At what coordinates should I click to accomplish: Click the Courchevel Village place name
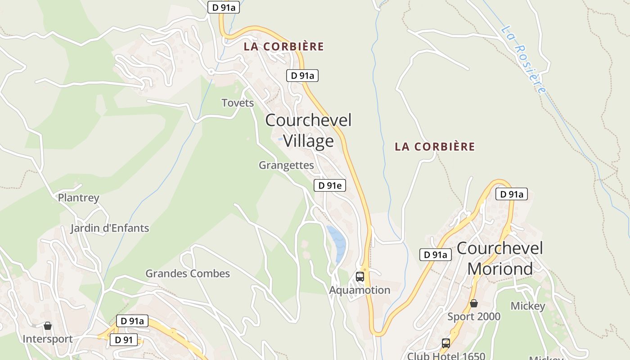pyautogui.click(x=308, y=130)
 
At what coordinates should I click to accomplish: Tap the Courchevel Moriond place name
pyautogui.click(x=500, y=258)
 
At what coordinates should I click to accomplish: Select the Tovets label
pyautogui.click(x=238, y=103)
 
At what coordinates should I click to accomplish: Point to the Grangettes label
pyautogui.click(x=286, y=165)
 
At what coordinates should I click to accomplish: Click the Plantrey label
pyautogui.click(x=78, y=198)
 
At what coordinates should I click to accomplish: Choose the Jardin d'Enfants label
pyautogui.click(x=109, y=228)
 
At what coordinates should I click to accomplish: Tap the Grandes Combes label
pyautogui.click(x=188, y=274)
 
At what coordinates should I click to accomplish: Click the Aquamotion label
pyautogui.click(x=360, y=290)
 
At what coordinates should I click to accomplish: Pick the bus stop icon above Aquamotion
pyautogui.click(x=360, y=276)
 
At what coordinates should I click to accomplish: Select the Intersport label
pyautogui.click(x=48, y=339)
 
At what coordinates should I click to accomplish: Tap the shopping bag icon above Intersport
pyautogui.click(x=48, y=325)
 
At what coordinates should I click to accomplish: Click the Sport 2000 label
pyautogui.click(x=473, y=317)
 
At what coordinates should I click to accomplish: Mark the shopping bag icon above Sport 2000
pyautogui.click(x=473, y=303)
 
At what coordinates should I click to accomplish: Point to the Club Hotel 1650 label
pyautogui.click(x=446, y=356)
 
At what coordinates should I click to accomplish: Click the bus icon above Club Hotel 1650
pyautogui.click(x=446, y=343)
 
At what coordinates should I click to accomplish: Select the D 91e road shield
pyautogui.click(x=329, y=185)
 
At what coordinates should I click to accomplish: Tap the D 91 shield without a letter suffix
pyautogui.click(x=123, y=340)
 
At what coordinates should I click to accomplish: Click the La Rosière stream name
pyautogui.click(x=524, y=58)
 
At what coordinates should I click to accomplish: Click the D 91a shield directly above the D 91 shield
pyautogui.click(x=132, y=321)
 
